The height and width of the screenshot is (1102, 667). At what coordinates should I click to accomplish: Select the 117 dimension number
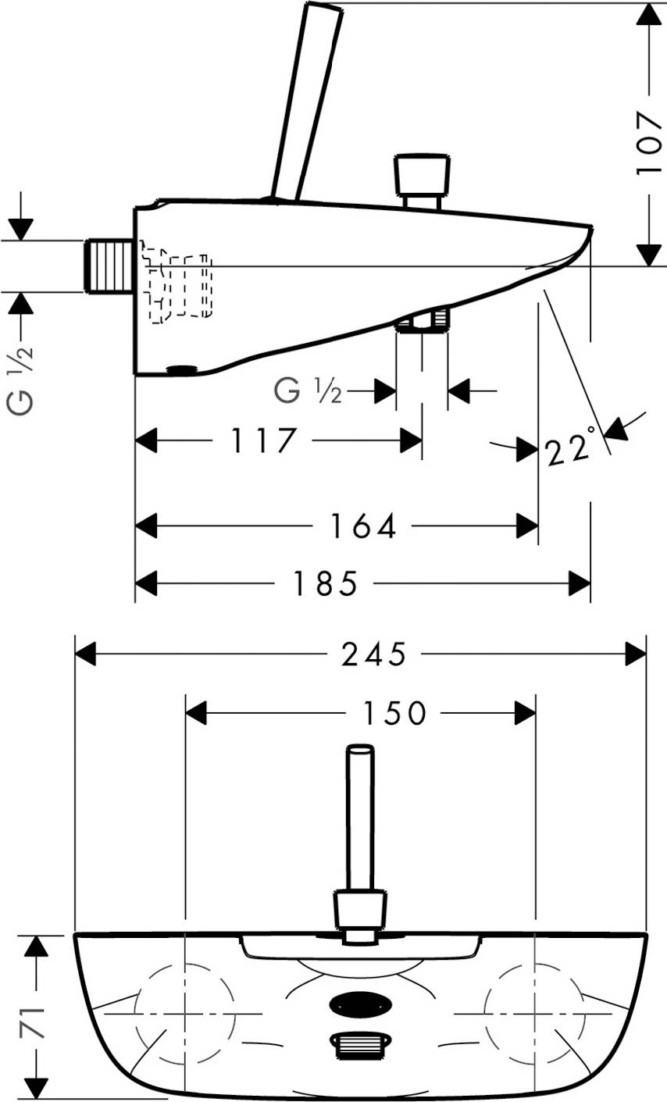click(x=264, y=442)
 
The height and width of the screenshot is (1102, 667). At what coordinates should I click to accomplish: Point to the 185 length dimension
click(x=326, y=583)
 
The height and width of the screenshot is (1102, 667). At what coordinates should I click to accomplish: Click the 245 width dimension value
click(x=374, y=654)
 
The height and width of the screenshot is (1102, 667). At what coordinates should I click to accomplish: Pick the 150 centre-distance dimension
click(x=394, y=712)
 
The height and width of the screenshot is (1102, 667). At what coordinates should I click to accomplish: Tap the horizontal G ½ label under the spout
click(x=309, y=390)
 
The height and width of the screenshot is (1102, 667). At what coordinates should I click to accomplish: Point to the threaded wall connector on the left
click(x=109, y=267)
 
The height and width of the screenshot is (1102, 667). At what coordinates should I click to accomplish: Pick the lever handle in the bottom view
click(x=360, y=820)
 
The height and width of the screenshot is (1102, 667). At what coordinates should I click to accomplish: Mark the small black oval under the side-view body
click(x=184, y=369)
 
